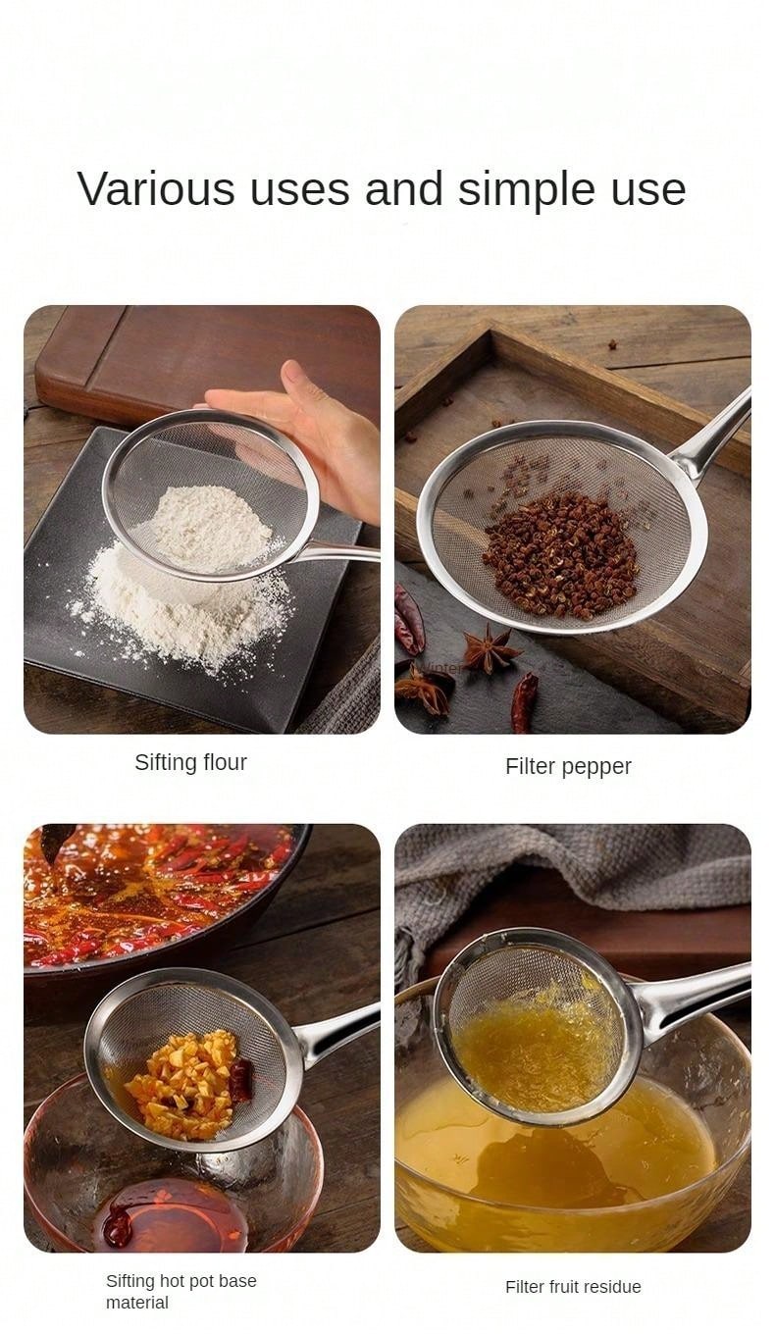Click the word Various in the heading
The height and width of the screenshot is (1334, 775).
pyautogui.click(x=157, y=188)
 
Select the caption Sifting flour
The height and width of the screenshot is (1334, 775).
pyautogui.click(x=190, y=763)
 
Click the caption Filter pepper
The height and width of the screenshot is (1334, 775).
pyautogui.click(x=568, y=767)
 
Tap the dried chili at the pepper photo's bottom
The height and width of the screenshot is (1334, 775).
pyautogui.click(x=524, y=702)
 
